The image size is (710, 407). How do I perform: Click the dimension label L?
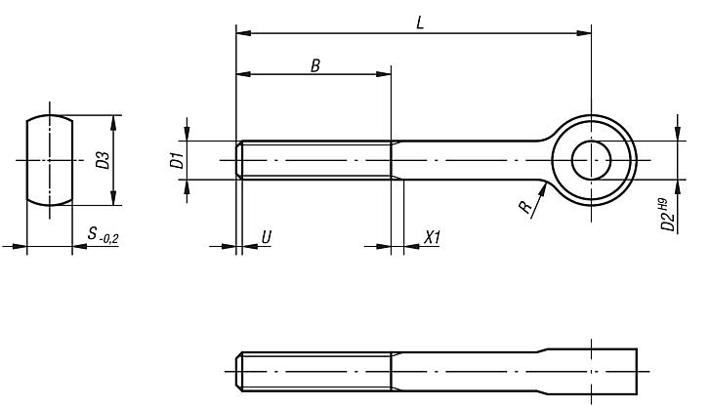(x=419, y=21)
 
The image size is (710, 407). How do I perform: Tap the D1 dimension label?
(x=177, y=160)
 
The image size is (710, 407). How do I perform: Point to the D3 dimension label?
(x=103, y=161)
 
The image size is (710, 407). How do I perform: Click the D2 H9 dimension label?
(x=669, y=216)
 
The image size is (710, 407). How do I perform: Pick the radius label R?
(x=525, y=208)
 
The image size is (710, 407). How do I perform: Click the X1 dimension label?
(x=432, y=236)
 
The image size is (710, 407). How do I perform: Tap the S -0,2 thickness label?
(x=102, y=235)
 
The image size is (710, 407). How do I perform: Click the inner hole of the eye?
(x=591, y=160)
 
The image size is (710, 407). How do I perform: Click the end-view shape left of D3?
(x=49, y=160)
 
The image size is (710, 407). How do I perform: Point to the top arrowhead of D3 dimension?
(x=114, y=121)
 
